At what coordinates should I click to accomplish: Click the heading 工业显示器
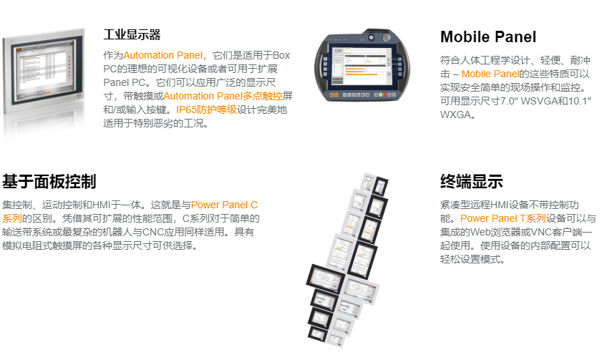pos(132,34)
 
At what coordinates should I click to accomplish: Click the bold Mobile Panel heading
pos(488,37)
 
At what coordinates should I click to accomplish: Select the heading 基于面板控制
pos(49,181)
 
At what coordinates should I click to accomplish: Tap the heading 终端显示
pos(472,181)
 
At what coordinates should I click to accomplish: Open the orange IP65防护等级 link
pos(206,110)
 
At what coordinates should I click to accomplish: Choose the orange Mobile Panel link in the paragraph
pos(490,74)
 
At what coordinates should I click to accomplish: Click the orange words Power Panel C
pos(224,205)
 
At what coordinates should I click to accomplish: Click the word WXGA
pos(457,115)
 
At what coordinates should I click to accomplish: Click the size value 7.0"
pos(503,101)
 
